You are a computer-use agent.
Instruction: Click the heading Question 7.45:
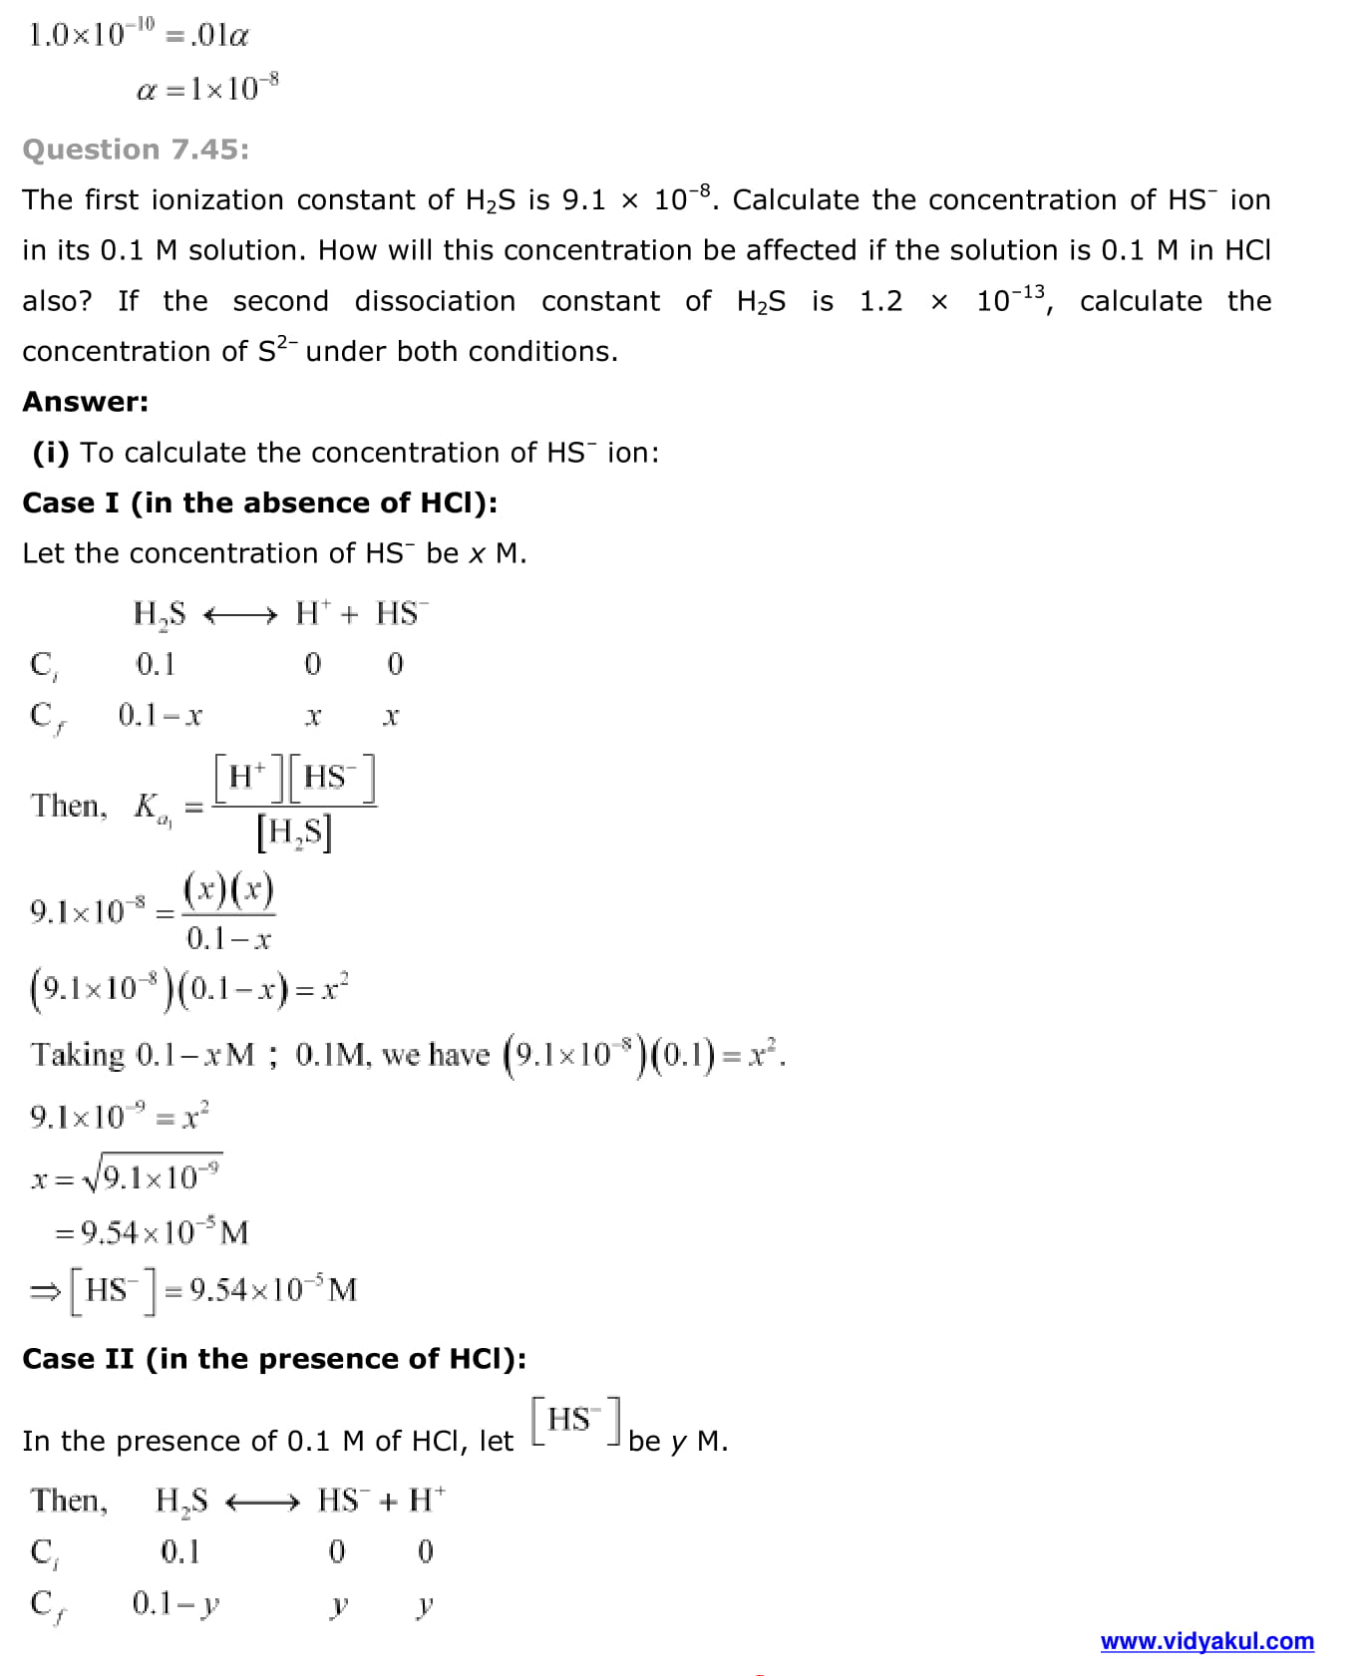[x=136, y=150]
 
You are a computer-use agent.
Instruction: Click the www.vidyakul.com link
[x=1206, y=1640]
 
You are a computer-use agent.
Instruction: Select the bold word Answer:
[x=86, y=402]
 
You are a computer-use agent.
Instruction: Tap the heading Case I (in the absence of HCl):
[x=259, y=503]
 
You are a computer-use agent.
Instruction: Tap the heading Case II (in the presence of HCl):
[x=274, y=1359]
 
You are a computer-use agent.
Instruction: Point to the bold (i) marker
[x=51, y=453]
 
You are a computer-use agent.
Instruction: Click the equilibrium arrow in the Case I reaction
[x=239, y=615]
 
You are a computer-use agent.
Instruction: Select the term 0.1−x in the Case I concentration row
[x=160, y=715]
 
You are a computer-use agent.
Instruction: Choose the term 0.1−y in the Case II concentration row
[x=175, y=1603]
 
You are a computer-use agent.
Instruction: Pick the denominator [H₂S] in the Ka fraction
[x=293, y=833]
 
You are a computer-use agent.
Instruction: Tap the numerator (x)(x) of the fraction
[x=228, y=888]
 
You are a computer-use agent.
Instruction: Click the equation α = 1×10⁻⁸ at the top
[x=207, y=89]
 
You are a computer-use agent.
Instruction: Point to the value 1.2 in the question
[x=880, y=301]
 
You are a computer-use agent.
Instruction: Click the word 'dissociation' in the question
[x=435, y=301]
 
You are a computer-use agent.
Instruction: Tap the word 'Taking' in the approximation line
[x=78, y=1055]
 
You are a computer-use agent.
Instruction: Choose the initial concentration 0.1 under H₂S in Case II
[x=179, y=1551]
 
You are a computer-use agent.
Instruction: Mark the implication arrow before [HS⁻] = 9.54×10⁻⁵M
[x=45, y=1292]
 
